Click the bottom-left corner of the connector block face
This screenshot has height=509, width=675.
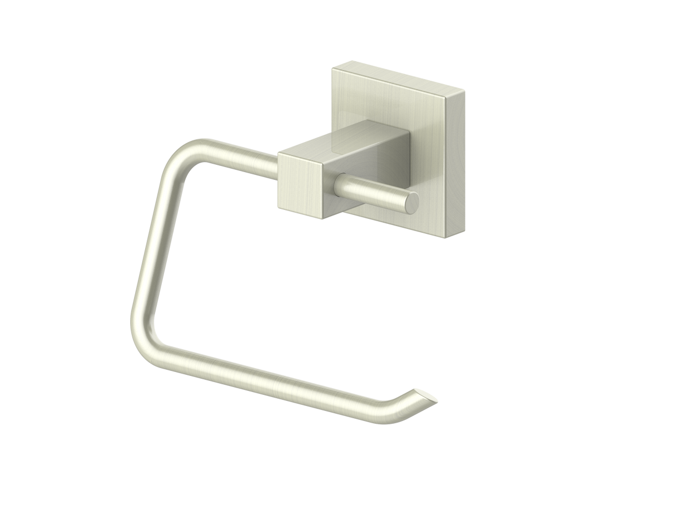coord(278,206)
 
